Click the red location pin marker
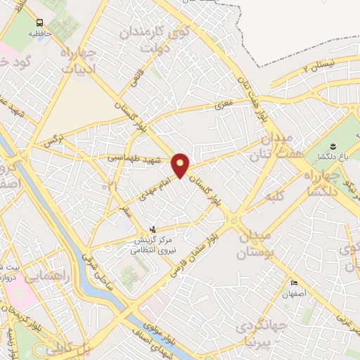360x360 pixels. [x=181, y=165]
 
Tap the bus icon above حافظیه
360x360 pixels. [x=40, y=22]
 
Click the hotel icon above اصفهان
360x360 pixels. [x=293, y=283]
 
